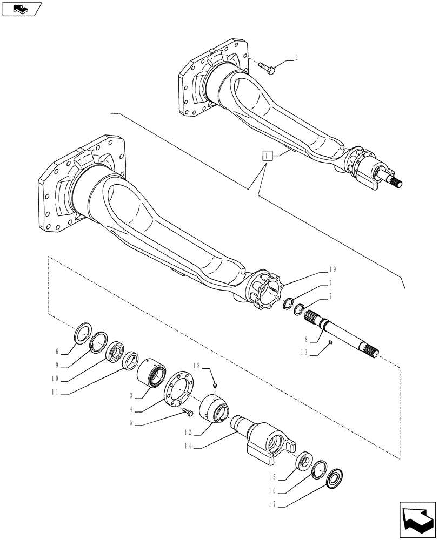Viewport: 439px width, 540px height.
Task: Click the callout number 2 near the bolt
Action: [296, 56]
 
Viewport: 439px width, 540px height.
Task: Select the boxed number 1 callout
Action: [267, 156]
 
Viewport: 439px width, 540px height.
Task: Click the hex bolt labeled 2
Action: [267, 67]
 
